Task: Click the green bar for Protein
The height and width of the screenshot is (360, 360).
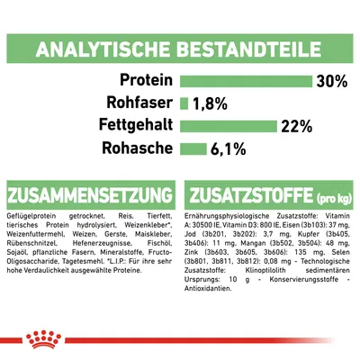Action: [246, 82]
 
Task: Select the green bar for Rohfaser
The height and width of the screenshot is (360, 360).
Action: [184, 103]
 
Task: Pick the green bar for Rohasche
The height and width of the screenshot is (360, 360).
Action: [189, 148]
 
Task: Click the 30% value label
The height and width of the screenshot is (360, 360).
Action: [331, 82]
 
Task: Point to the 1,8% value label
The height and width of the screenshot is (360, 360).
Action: [211, 103]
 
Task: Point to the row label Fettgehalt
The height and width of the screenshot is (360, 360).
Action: [131, 125]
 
